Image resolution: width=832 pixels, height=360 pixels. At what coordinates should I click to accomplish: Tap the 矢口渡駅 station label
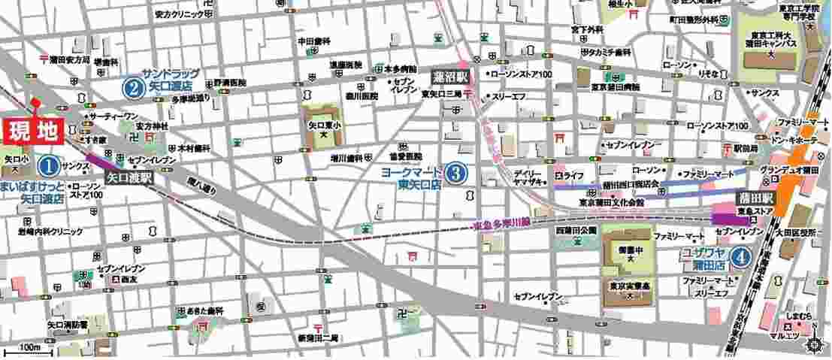[130, 179]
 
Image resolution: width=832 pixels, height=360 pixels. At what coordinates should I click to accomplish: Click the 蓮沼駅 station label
[450, 77]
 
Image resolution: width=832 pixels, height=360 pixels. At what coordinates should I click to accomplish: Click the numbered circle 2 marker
[133, 89]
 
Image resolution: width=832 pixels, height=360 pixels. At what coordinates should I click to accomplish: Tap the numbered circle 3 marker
[455, 174]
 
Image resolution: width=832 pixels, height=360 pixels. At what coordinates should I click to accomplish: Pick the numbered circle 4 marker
[742, 257]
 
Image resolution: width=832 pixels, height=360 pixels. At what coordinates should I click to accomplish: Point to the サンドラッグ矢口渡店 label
[172, 79]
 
